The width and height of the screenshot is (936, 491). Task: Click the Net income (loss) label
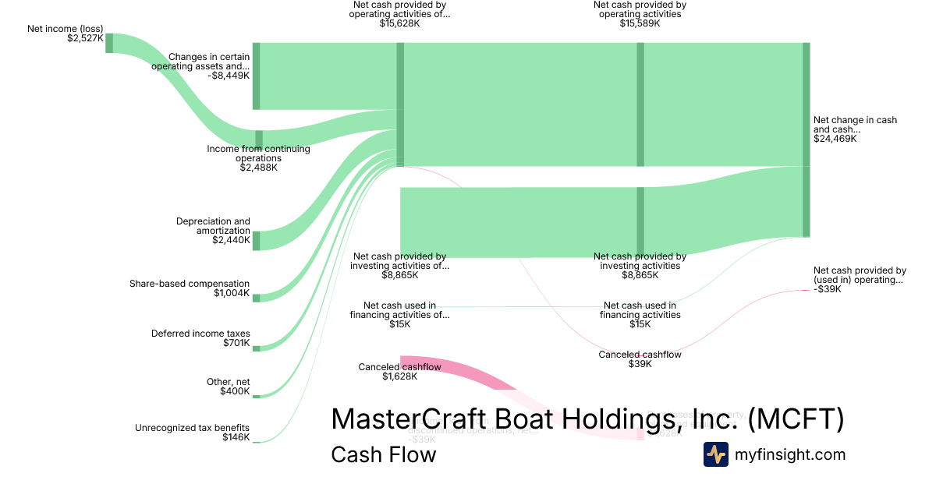pos(65,29)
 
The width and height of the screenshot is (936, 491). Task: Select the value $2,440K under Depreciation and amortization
pos(231,240)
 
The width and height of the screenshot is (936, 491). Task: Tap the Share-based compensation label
pos(190,284)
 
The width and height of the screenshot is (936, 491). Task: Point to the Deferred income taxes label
pos(200,334)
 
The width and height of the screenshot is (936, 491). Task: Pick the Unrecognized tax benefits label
pos(192,428)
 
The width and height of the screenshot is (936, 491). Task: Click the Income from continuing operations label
pos(258,149)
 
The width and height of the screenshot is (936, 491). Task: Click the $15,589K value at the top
pos(640,23)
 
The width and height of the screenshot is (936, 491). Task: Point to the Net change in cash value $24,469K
pos(835,139)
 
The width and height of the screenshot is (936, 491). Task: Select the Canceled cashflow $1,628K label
pos(399,372)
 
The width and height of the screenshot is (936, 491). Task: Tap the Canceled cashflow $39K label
pos(640,359)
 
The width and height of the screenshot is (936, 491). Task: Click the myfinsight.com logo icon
pos(715,454)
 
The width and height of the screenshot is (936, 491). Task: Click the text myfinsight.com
pos(789,454)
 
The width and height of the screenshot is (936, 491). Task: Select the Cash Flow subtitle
pos(383,454)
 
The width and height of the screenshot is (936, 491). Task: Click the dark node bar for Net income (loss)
pos(109,43)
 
